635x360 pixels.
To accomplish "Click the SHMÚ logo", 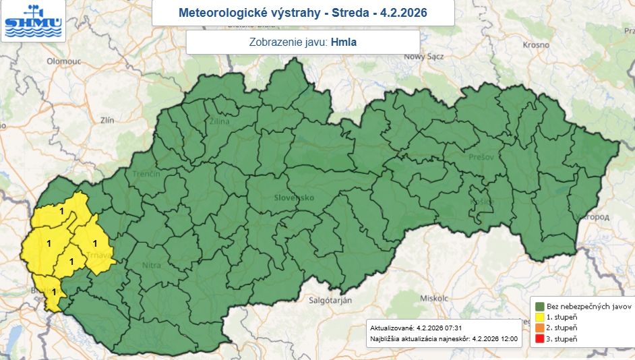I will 32,21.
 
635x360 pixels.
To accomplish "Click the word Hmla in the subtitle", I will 343,42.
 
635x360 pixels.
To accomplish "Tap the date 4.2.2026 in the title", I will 403,13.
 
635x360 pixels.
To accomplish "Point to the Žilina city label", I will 219,121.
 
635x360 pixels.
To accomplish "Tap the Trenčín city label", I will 146,174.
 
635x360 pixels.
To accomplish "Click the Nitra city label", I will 152,266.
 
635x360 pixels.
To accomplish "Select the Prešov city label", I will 481,156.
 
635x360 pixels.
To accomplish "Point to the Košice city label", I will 482,202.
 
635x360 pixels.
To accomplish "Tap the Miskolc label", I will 434,297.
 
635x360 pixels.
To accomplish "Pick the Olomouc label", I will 63,61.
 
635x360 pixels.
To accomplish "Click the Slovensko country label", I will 294,198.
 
